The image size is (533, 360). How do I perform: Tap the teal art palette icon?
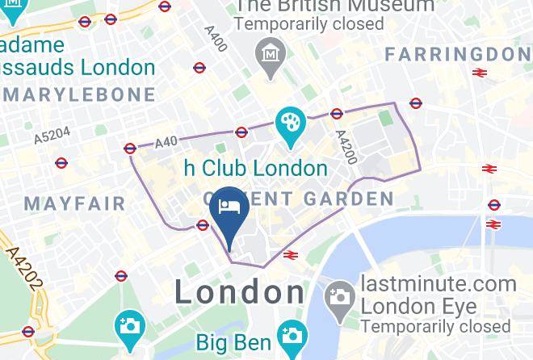(289, 124)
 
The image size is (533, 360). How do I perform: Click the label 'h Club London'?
(256, 169)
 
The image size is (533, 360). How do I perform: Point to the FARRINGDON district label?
(457, 54)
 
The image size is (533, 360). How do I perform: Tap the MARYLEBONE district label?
(79, 94)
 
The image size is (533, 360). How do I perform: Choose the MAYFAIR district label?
(75, 202)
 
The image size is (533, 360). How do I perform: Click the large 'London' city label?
(240, 292)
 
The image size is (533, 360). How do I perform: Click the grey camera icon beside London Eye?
(340, 296)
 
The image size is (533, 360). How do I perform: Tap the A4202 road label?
(22, 270)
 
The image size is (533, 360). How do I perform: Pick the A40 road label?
(166, 142)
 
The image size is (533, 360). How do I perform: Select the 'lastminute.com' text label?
(439, 284)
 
